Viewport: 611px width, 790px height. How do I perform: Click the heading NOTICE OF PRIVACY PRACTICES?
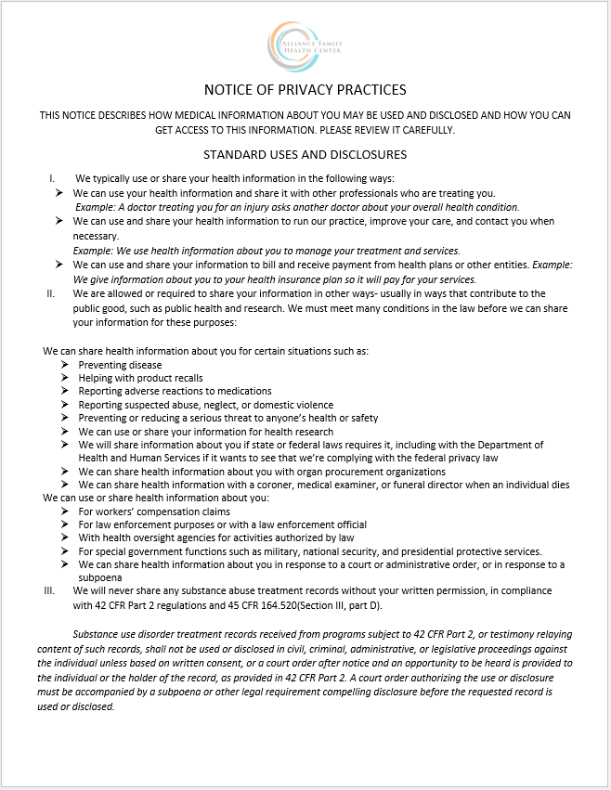click(x=305, y=90)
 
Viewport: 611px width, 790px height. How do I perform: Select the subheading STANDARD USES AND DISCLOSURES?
click(x=305, y=154)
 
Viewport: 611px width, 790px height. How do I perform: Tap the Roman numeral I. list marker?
click(x=52, y=178)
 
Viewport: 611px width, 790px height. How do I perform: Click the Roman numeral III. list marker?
click(x=50, y=590)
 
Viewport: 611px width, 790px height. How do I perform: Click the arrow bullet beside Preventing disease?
click(x=65, y=366)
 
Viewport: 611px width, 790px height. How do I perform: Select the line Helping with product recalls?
click(x=140, y=379)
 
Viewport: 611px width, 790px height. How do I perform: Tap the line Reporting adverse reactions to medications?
click(x=175, y=392)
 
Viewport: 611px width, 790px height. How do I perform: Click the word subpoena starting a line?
click(x=100, y=577)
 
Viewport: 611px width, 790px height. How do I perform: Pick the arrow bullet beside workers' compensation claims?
click(x=65, y=512)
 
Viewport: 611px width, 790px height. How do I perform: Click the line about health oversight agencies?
click(x=215, y=537)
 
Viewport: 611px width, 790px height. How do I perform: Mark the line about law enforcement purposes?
click(x=222, y=525)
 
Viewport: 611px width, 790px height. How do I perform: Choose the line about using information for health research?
click(x=205, y=432)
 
